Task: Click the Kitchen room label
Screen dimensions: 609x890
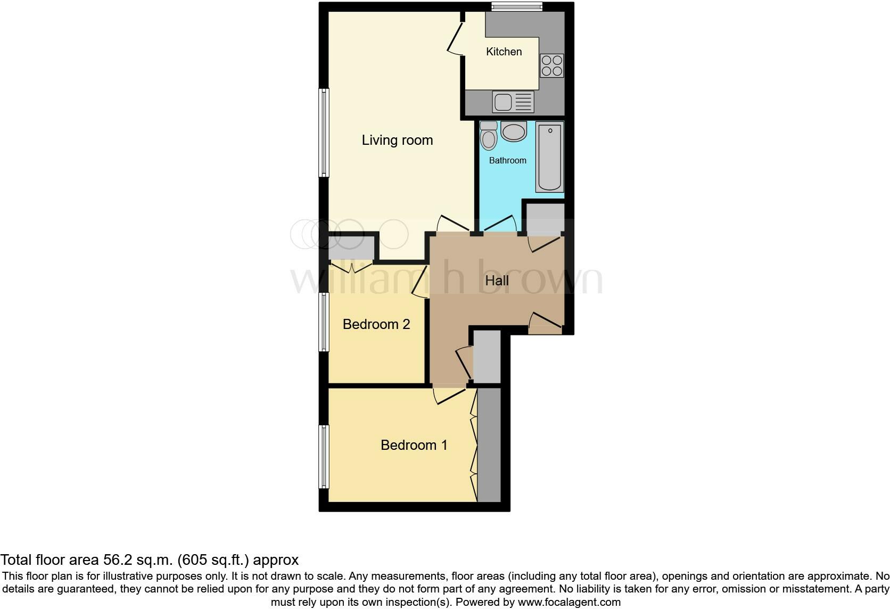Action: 504,52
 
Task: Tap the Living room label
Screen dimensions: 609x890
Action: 397,140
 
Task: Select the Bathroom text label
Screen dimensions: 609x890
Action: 507,160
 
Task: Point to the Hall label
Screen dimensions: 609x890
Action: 497,281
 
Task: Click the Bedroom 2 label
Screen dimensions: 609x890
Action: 376,324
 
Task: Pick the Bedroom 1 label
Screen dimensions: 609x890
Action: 414,445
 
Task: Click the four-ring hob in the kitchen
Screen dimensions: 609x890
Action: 551,65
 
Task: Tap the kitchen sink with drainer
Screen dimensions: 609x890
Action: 513,102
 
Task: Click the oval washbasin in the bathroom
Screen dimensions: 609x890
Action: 513,131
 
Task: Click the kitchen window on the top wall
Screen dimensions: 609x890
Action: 516,6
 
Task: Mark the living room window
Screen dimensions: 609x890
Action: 324,132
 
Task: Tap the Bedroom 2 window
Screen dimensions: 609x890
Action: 324,322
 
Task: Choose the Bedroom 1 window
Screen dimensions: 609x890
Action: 324,456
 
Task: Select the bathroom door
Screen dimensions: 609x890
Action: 499,224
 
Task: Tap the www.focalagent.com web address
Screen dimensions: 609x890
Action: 569,602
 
